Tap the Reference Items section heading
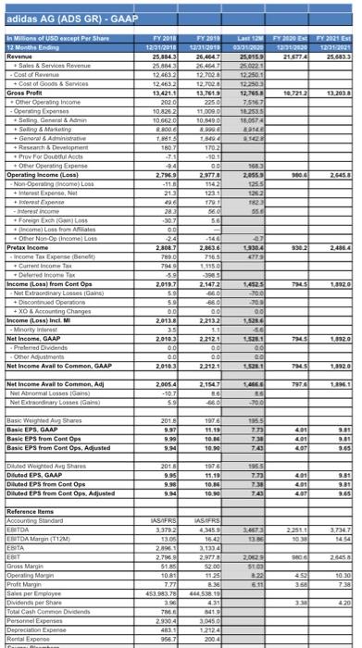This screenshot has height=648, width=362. click(31, 535)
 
